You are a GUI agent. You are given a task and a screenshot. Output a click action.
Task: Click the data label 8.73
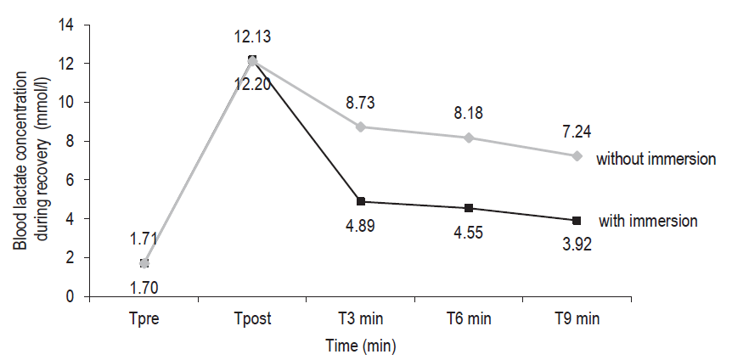coord(361,104)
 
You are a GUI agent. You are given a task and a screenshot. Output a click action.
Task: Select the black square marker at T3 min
coord(361,201)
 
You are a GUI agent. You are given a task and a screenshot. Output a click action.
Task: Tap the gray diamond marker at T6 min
coord(469,138)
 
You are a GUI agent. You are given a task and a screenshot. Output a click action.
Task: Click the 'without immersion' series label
coord(656,159)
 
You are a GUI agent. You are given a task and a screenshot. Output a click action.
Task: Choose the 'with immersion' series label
coord(648,221)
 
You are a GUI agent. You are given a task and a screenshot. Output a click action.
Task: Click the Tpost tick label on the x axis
coord(252,320)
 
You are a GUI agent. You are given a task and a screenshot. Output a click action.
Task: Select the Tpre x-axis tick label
coord(144,320)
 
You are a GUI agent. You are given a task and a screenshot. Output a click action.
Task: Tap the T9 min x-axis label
coord(577,320)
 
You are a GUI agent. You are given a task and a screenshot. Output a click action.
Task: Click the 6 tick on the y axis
coord(69,180)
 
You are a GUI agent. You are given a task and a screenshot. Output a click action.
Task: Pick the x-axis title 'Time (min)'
coord(361,346)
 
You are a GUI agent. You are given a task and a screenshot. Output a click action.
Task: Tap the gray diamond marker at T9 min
coord(577,156)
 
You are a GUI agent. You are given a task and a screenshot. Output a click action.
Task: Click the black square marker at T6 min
coord(469,208)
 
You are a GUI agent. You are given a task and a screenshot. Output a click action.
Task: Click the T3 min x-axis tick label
coord(361,320)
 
